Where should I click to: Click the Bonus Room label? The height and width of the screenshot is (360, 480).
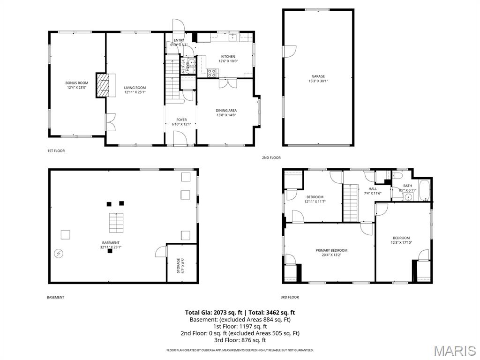[76, 83]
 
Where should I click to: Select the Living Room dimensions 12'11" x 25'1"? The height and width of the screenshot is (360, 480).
[135, 92]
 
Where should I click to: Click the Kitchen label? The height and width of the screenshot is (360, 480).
[228, 57]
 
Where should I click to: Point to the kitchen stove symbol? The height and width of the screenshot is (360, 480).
[212, 73]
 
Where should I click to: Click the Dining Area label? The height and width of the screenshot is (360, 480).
[226, 111]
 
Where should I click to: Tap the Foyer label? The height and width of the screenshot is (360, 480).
[181, 120]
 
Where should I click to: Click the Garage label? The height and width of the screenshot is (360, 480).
[318, 76]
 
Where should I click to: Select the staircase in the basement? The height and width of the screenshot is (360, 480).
[116, 223]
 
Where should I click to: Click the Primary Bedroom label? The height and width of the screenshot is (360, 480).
[331, 250]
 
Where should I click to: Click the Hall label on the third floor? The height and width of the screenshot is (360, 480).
[373, 189]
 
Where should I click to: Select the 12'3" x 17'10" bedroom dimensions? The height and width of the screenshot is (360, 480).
[401, 242]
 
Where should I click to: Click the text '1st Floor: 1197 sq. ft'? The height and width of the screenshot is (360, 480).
[240, 326]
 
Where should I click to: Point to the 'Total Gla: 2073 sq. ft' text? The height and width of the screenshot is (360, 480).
[213, 312]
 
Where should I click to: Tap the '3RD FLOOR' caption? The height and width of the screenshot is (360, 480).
[290, 297]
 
